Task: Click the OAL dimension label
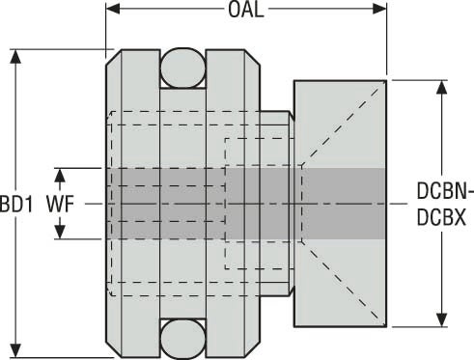tap(246, 10)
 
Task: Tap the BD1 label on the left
tap(16, 205)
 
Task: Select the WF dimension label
tap(60, 204)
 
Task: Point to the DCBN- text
tap(445, 190)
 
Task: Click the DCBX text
tap(441, 217)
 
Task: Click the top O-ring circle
tap(182, 68)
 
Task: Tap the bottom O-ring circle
tap(182, 340)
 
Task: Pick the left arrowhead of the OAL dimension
tap(113, 9)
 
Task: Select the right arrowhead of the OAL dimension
tap(379, 9)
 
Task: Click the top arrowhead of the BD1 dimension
tap(15, 57)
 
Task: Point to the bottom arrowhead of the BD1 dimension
tap(15, 350)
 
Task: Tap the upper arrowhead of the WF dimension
tap(60, 176)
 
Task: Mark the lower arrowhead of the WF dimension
tap(60, 232)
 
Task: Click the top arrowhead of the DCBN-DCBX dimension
tap(442, 88)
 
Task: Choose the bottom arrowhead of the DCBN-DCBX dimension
tap(442, 319)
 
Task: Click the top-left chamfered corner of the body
tap(114, 58)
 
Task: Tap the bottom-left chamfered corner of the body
tap(114, 350)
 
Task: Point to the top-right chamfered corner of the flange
tap(252, 58)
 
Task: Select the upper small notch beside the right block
tap(292, 116)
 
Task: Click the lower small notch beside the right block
tap(292, 291)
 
